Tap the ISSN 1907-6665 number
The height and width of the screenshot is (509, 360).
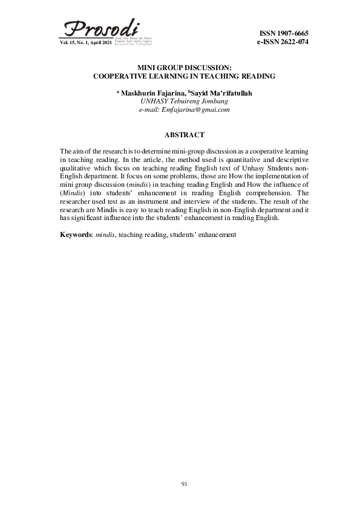point(284,32)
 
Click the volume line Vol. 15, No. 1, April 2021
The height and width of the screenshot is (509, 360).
point(86,43)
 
